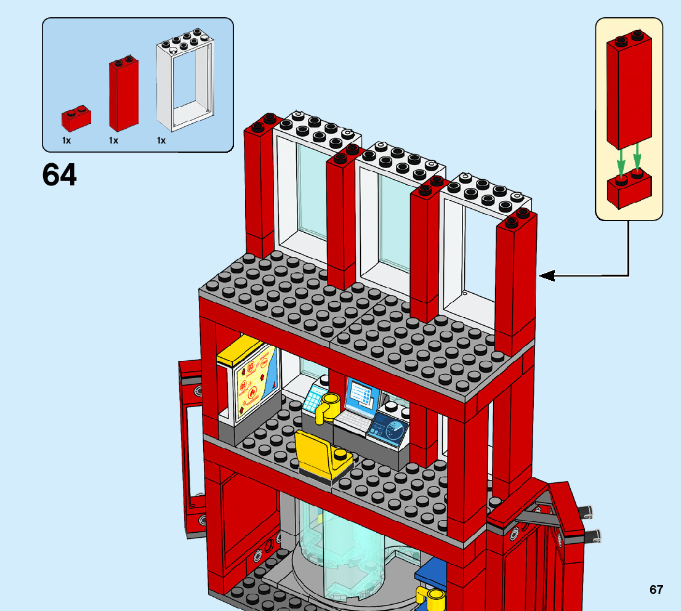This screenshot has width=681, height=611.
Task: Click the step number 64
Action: [x=60, y=175]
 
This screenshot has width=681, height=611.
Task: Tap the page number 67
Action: [x=656, y=589]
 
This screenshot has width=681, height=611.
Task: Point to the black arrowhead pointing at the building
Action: [x=547, y=276]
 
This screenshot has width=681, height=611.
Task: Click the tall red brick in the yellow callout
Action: [x=629, y=92]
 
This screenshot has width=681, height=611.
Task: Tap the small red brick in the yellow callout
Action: [x=629, y=190]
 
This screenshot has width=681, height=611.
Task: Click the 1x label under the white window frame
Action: [x=161, y=140]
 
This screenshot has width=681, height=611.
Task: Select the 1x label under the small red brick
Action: [x=66, y=140]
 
